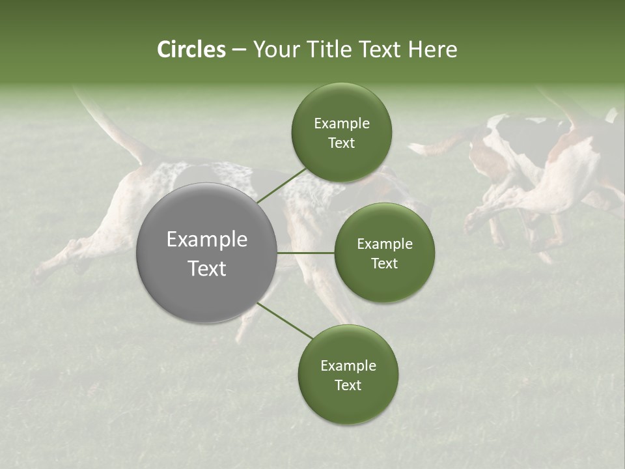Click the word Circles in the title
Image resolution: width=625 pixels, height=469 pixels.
click(191, 50)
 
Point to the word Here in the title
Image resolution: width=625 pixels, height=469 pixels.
click(432, 50)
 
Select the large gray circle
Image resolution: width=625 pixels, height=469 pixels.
click(206, 253)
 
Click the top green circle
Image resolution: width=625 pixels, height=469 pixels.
click(341, 133)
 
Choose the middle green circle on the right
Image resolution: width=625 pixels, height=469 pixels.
click(384, 253)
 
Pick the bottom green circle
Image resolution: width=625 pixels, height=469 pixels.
click(348, 375)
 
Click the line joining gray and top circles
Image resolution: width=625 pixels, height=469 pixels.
click(281, 185)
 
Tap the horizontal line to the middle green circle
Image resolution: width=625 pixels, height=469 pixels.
click(305, 253)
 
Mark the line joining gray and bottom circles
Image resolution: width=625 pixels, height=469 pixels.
click(285, 320)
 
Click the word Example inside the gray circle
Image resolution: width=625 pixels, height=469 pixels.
click(206, 240)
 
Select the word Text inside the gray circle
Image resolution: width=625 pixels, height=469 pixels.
click(206, 268)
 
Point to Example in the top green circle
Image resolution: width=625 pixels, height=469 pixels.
click(341, 124)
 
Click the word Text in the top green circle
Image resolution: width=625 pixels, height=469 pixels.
click(341, 143)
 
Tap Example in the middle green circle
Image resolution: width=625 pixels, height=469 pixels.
click(384, 244)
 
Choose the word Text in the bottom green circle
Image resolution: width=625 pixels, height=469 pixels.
click(348, 385)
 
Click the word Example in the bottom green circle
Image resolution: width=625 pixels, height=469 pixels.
click(348, 366)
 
